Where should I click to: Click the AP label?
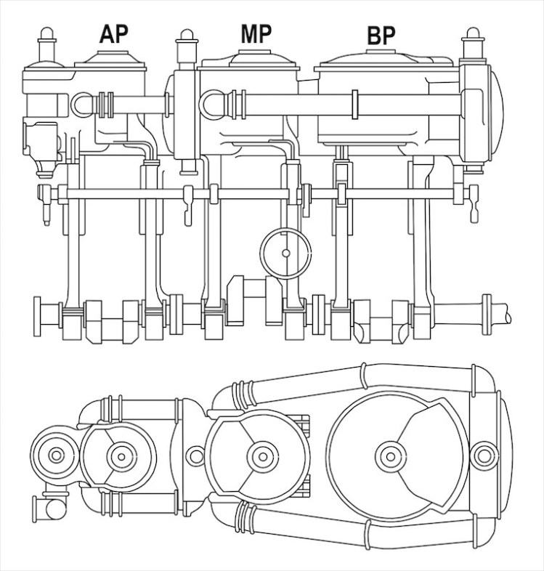(x=113, y=34)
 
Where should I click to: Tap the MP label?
(x=256, y=33)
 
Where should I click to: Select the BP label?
(x=381, y=36)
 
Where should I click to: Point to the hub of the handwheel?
(x=286, y=253)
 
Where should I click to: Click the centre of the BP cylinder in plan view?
(x=390, y=456)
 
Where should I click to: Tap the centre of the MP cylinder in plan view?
(x=262, y=456)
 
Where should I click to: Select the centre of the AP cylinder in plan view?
(x=121, y=456)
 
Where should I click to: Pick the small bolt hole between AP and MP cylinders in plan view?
(x=195, y=455)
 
